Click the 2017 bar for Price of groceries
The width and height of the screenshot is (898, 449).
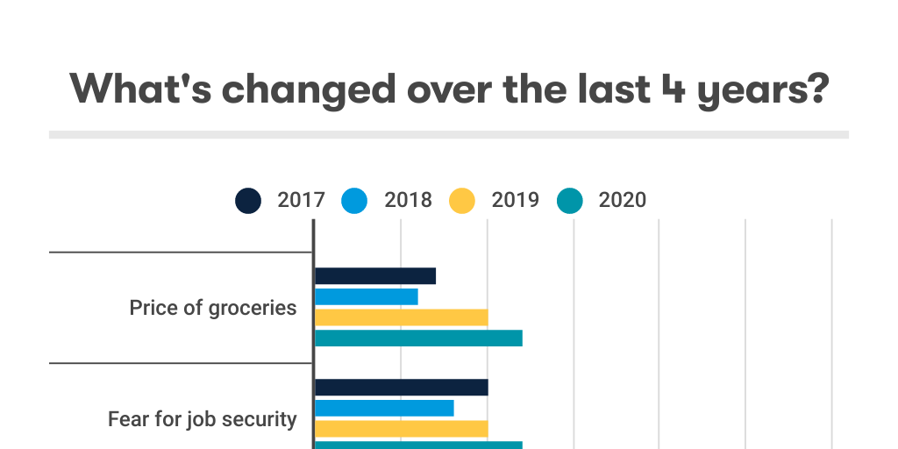pos(375,275)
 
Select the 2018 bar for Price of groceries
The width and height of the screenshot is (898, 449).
pos(367,296)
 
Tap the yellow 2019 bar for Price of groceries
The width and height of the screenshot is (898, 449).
pos(401,317)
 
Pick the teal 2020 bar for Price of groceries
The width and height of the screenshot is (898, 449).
pos(418,339)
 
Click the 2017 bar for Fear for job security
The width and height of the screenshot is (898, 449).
pos(401,388)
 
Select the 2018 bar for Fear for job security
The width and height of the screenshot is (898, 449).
pos(384,408)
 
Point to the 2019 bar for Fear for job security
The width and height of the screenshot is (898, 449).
pos(401,429)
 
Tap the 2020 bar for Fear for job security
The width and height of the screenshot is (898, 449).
pos(418,445)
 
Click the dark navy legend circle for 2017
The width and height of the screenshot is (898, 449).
pos(248,201)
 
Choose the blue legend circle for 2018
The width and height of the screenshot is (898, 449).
pos(355,201)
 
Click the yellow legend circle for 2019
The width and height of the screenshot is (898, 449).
pos(462,201)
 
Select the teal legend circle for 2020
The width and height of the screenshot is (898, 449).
pos(569,201)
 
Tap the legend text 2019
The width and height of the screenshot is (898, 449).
pos(516,201)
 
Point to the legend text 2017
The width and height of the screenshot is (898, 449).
pos(302,201)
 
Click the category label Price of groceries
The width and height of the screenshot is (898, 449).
pos(213,308)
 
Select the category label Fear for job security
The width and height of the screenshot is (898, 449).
pos(203,419)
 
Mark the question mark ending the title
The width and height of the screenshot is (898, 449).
pos(816,89)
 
